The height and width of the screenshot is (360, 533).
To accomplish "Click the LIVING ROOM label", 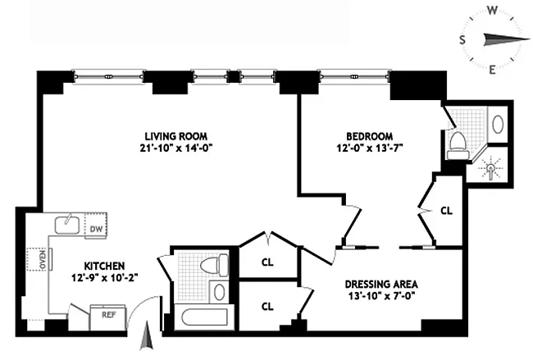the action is click(x=175, y=135).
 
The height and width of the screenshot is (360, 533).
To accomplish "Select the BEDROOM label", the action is click(x=369, y=136).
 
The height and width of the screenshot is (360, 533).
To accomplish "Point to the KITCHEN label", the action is click(x=103, y=266).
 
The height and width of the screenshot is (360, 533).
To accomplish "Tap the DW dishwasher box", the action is click(x=96, y=229).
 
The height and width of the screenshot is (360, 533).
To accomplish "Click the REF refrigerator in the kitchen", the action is click(x=108, y=314).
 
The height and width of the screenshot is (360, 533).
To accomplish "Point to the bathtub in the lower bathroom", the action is click(x=200, y=319).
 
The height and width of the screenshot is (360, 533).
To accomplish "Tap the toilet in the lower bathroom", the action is click(x=215, y=266).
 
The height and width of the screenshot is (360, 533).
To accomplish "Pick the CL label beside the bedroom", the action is click(x=446, y=210).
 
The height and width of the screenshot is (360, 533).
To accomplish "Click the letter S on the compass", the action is click(x=462, y=40).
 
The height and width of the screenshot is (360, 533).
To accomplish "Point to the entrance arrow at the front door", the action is click(x=147, y=335).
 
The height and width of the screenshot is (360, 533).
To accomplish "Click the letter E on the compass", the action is click(x=492, y=70).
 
